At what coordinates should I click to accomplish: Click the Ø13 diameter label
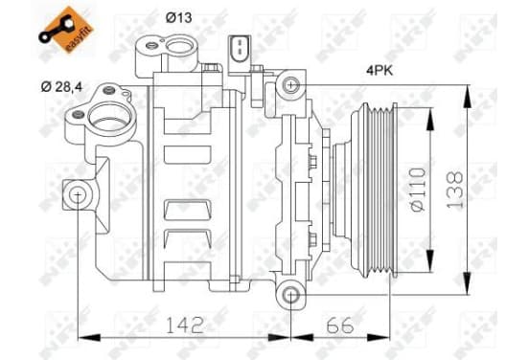click(178, 17)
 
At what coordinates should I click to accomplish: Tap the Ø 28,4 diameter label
click(61, 87)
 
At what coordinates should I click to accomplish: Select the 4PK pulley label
click(379, 71)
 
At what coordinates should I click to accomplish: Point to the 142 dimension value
click(185, 325)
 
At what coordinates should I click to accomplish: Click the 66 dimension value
click(340, 325)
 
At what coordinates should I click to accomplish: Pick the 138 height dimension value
click(454, 190)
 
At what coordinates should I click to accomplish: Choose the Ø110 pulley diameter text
click(418, 190)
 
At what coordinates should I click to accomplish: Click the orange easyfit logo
click(66, 30)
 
